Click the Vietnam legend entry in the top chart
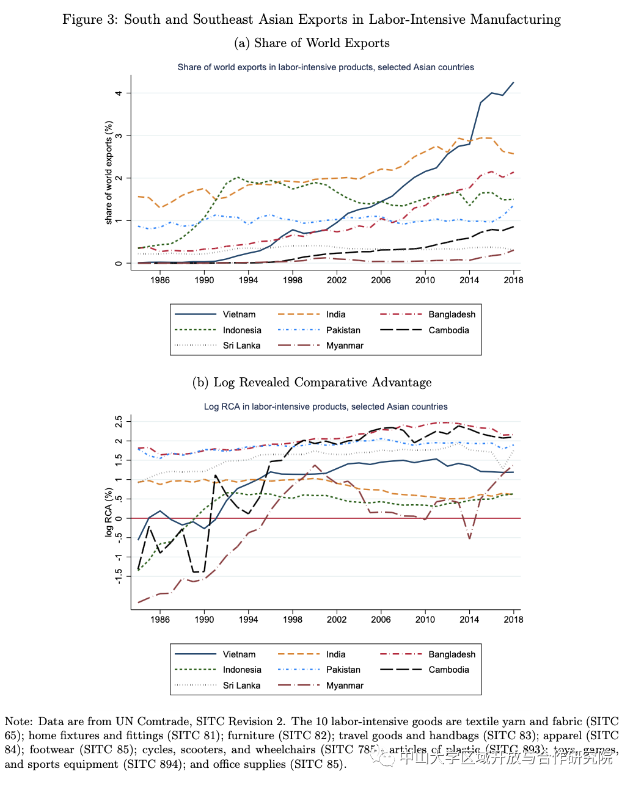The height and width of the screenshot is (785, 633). click(x=239, y=314)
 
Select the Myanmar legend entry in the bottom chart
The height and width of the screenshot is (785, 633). click(x=345, y=686)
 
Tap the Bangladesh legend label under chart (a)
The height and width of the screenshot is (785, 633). click(x=452, y=314)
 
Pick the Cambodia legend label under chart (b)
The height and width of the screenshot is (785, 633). click(x=448, y=670)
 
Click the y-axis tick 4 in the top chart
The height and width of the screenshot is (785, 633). click(x=120, y=93)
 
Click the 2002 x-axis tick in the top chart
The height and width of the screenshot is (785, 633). click(x=337, y=280)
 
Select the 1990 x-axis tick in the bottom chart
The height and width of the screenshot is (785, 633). click(x=204, y=620)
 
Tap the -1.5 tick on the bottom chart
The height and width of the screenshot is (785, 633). click(x=120, y=576)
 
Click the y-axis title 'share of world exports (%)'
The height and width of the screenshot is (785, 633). click(x=109, y=173)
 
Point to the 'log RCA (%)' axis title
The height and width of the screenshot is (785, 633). click(x=109, y=512)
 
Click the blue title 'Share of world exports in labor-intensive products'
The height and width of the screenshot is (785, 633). click(x=326, y=67)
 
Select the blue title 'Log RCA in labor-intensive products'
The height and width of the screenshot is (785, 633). click(x=326, y=407)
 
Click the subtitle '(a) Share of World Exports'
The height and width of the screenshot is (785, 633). click(x=312, y=43)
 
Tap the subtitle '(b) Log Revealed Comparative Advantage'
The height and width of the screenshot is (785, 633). click(x=312, y=383)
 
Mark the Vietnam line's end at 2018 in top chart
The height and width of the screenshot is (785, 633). click(x=513, y=82)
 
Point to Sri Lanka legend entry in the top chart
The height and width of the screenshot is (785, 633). click(x=241, y=345)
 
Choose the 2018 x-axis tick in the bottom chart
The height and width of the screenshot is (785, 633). click(x=513, y=620)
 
